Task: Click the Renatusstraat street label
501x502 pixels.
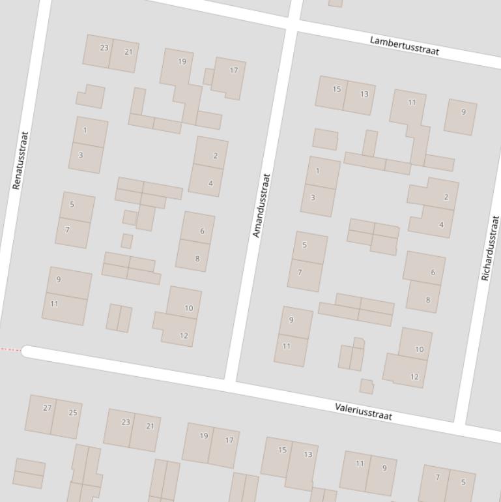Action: [x=20, y=160]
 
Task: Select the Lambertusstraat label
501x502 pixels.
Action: [x=404, y=45]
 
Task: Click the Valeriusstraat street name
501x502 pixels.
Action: [x=364, y=411]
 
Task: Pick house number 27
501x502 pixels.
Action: [x=47, y=408]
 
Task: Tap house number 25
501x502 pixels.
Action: [x=73, y=412]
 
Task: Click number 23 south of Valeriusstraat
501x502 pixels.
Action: [x=126, y=422]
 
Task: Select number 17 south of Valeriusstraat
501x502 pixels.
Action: [x=229, y=440]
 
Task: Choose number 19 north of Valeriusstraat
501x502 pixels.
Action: [x=182, y=62]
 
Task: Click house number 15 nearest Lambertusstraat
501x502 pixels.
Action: [x=337, y=89]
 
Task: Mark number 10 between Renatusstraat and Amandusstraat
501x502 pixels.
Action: [x=189, y=308]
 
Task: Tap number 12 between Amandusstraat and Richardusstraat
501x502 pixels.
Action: [x=414, y=377]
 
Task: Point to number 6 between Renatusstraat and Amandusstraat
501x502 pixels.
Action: [x=202, y=231]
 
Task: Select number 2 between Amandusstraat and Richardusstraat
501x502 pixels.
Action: [x=446, y=197]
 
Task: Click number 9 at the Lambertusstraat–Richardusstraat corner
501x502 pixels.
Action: [x=464, y=112]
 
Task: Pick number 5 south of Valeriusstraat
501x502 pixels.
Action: [x=463, y=482]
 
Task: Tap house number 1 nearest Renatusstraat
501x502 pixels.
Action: [x=85, y=130]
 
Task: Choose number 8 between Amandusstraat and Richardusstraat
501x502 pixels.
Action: [x=428, y=300]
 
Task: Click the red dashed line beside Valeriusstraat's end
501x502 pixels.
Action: [x=10, y=350]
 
